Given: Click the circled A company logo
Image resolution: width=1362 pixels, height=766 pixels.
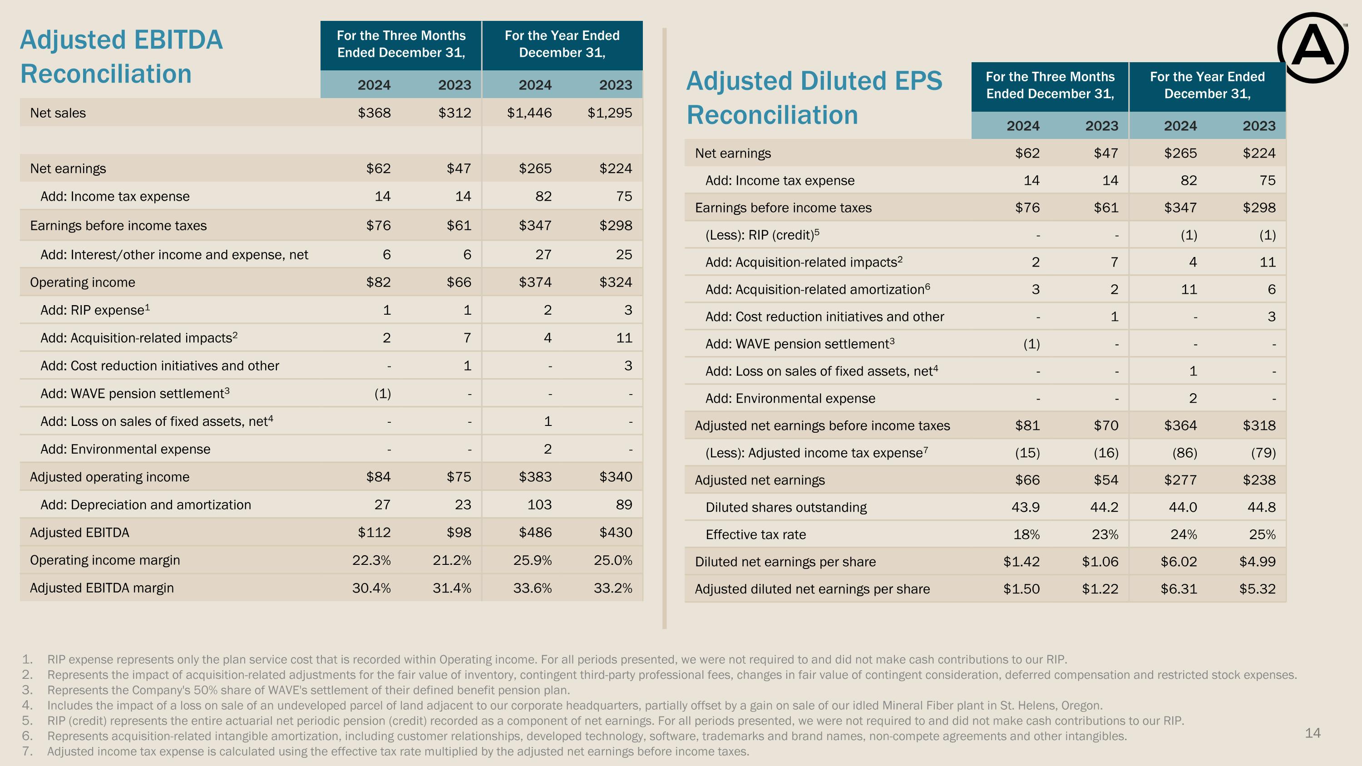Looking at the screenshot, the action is coord(1313,48).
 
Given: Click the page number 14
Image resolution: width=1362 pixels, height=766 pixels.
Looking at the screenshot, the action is coord(1313,733).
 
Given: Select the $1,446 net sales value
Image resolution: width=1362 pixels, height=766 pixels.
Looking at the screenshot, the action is coord(529,113).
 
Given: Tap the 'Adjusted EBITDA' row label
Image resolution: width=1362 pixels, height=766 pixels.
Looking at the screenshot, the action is coord(79,532).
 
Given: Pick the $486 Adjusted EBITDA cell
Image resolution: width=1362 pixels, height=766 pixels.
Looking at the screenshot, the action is coord(536,532).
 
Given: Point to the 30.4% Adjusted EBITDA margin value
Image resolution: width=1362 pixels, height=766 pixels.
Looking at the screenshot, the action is coord(372,588).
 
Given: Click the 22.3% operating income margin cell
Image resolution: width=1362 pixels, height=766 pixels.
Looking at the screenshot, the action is coord(372,560).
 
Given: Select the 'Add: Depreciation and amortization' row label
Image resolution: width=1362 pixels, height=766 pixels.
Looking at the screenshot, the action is coord(146,505).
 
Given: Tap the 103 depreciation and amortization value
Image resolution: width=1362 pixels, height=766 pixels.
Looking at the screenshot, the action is coord(539,505).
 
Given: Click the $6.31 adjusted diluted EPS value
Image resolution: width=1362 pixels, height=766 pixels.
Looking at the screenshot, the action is coord(1179,589).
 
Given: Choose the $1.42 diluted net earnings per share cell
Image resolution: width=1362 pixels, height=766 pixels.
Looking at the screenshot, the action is coord(1021,561).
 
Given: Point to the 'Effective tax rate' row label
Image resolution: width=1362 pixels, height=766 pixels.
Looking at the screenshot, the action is coord(755,534).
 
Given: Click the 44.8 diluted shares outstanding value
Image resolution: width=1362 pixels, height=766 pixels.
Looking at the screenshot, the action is coord(1262,508).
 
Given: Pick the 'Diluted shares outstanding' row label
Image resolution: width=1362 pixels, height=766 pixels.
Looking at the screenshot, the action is coord(786,508).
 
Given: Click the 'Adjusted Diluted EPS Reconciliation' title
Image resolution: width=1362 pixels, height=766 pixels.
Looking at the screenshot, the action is coord(814,98).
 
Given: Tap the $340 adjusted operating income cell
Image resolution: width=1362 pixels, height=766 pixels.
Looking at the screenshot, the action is coord(616,477).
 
